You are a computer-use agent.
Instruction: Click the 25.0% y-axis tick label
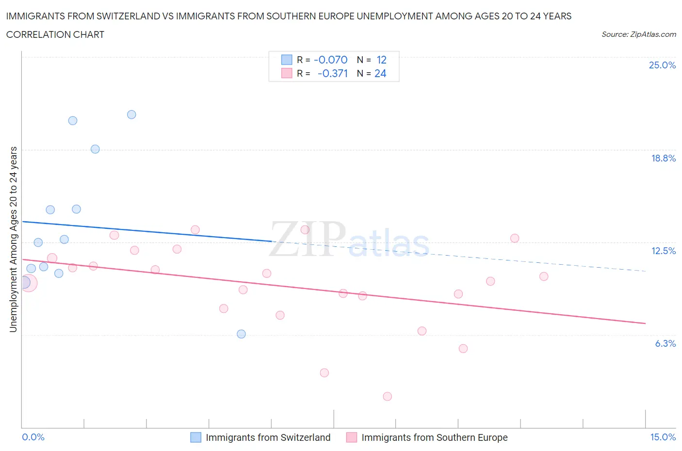click(662, 65)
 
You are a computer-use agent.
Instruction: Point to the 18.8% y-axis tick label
click(663, 158)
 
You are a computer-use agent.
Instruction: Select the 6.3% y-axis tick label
click(665, 343)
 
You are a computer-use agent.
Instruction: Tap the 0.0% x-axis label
click(33, 437)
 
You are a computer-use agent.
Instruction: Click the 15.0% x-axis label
click(663, 437)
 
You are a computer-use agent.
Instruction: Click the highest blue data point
click(131, 115)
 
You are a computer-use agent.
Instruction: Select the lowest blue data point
click(241, 334)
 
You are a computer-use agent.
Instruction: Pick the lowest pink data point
click(387, 396)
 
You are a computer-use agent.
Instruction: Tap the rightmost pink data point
click(544, 276)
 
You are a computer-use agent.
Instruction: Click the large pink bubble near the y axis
click(28, 283)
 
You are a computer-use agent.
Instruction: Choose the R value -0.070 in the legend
click(331, 60)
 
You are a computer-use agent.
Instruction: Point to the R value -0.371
click(333, 73)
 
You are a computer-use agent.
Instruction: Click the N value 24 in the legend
click(380, 73)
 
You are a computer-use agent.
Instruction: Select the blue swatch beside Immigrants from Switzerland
click(195, 437)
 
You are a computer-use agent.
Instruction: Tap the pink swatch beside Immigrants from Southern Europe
click(352, 437)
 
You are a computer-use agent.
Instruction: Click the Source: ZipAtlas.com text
click(638, 34)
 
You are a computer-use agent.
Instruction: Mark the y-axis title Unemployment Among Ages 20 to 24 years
click(14, 239)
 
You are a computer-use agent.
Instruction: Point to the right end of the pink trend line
click(645, 323)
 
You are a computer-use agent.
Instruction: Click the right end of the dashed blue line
click(645, 271)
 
